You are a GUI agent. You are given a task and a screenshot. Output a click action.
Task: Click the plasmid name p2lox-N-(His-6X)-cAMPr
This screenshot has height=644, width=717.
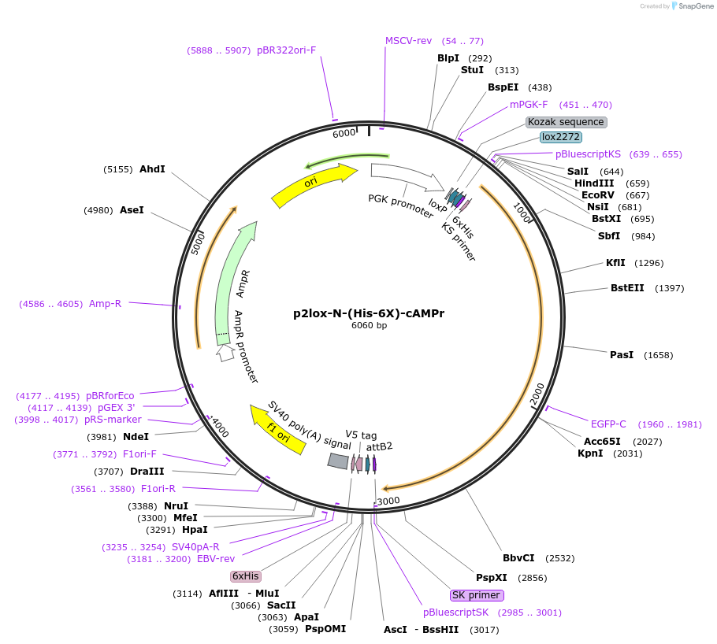[x=369, y=313]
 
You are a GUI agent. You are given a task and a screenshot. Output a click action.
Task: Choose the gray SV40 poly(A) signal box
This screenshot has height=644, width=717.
[x=338, y=461]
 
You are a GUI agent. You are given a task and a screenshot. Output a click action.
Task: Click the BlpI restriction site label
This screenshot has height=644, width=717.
[x=448, y=58]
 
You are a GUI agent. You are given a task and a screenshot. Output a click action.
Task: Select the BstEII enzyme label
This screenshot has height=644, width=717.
[x=627, y=288]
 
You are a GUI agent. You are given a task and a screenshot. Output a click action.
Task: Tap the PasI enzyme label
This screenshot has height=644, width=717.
[x=622, y=355]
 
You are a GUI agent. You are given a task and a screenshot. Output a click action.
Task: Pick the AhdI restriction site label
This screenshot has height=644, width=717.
[x=152, y=169]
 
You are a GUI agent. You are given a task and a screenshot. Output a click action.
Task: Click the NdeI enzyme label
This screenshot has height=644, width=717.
[x=136, y=437]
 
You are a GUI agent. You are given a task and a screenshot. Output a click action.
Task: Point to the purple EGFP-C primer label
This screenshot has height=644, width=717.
[x=608, y=424]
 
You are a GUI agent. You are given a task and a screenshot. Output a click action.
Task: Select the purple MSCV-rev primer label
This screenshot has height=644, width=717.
[x=408, y=41]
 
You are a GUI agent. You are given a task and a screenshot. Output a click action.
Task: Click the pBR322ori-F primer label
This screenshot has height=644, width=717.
[x=286, y=50]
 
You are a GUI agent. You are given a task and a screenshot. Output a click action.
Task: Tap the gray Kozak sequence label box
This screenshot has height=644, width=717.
[x=566, y=122]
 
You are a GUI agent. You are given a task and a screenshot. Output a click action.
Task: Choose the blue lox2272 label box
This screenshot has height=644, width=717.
[x=561, y=137]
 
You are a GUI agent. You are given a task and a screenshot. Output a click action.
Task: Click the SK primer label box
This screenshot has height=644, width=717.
[x=477, y=595]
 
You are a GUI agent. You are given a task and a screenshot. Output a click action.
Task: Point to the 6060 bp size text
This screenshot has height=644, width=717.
[x=369, y=326]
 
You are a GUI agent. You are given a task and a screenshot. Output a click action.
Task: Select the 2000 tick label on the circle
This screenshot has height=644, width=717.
[x=537, y=392]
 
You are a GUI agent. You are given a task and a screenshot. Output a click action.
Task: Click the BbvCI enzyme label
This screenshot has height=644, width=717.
[x=518, y=558]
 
